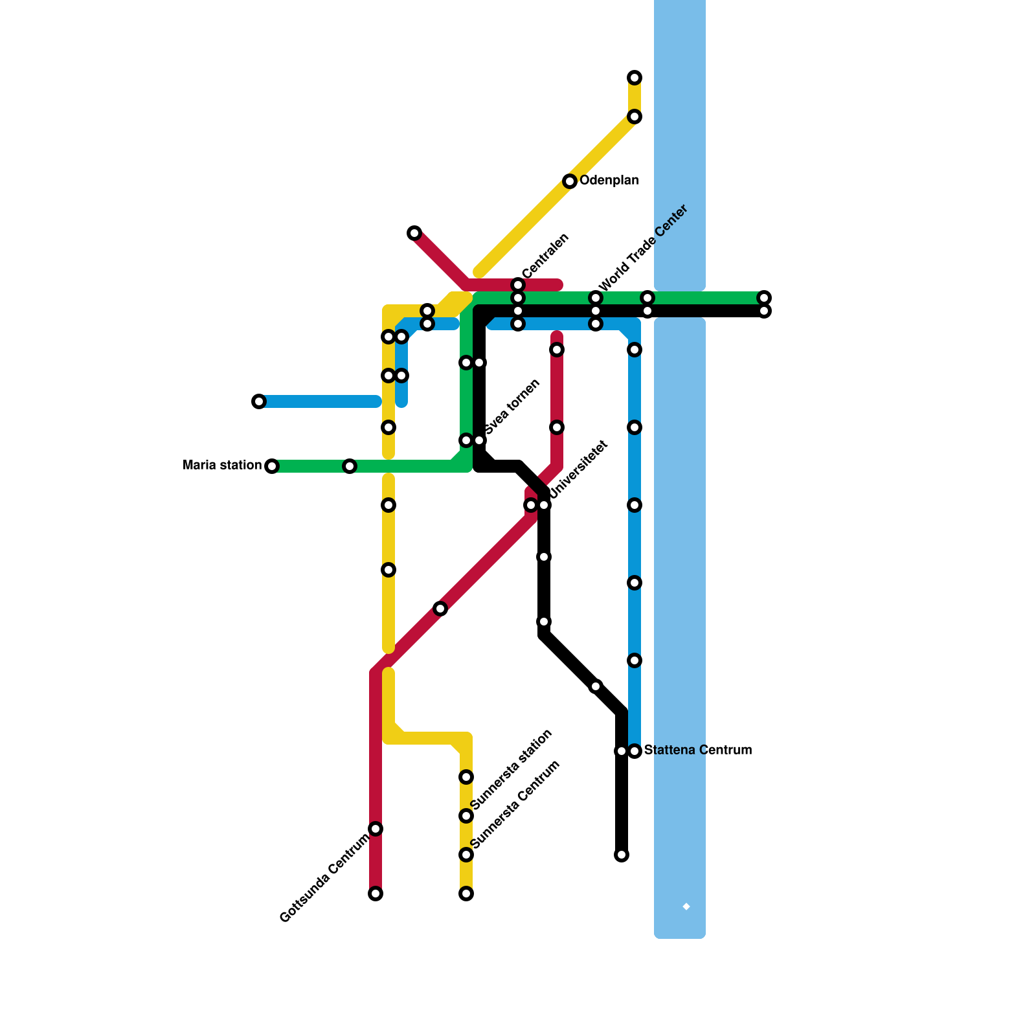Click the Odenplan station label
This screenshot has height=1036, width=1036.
coord(609,181)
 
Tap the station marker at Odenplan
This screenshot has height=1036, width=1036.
coord(570,181)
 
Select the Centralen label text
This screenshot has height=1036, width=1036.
coord(545,256)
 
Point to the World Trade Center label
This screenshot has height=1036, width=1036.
coord(642,249)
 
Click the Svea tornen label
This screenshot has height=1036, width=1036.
coord(512,407)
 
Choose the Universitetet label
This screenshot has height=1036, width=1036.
coord(579,470)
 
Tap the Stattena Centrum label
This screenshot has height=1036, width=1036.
coord(697,750)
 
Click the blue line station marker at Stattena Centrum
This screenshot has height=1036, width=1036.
coord(635,751)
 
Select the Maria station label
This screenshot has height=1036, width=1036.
coord(222,466)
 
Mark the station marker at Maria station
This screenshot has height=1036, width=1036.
coord(272,466)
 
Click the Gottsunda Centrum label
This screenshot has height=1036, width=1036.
coord(324,878)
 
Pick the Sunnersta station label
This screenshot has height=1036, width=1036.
coord(512,769)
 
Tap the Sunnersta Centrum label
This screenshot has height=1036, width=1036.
coord(515,804)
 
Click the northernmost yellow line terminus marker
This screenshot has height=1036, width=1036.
coord(635,78)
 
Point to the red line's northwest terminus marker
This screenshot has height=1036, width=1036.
coord(414,233)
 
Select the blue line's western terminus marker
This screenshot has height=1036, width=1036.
coord(259,401)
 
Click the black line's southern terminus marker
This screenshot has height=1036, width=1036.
coord(622,855)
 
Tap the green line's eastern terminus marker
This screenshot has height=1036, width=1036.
coord(764,298)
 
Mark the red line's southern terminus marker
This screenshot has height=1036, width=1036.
coord(376,894)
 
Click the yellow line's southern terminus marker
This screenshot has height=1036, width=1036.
coord(466,894)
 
